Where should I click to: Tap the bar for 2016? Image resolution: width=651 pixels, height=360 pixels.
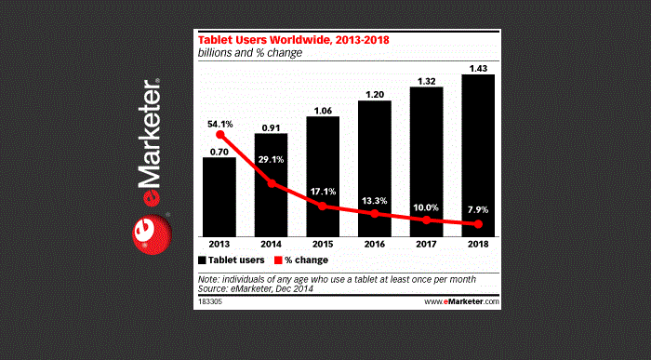375,167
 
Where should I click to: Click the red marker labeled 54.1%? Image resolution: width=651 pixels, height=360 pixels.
219,135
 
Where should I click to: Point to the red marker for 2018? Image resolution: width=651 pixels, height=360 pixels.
478,224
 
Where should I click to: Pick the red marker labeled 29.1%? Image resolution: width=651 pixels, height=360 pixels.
272,183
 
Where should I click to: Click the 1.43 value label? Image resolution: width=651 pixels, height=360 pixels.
478,67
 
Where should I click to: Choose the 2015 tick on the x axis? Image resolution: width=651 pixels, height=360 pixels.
323,244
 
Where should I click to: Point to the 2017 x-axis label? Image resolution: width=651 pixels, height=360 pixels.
426,244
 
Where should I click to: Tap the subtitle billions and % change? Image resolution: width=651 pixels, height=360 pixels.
249,53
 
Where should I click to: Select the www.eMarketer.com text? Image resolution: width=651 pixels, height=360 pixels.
462,301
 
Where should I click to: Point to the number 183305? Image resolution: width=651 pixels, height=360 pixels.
211,301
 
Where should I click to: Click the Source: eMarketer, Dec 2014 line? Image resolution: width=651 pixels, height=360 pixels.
256,289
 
